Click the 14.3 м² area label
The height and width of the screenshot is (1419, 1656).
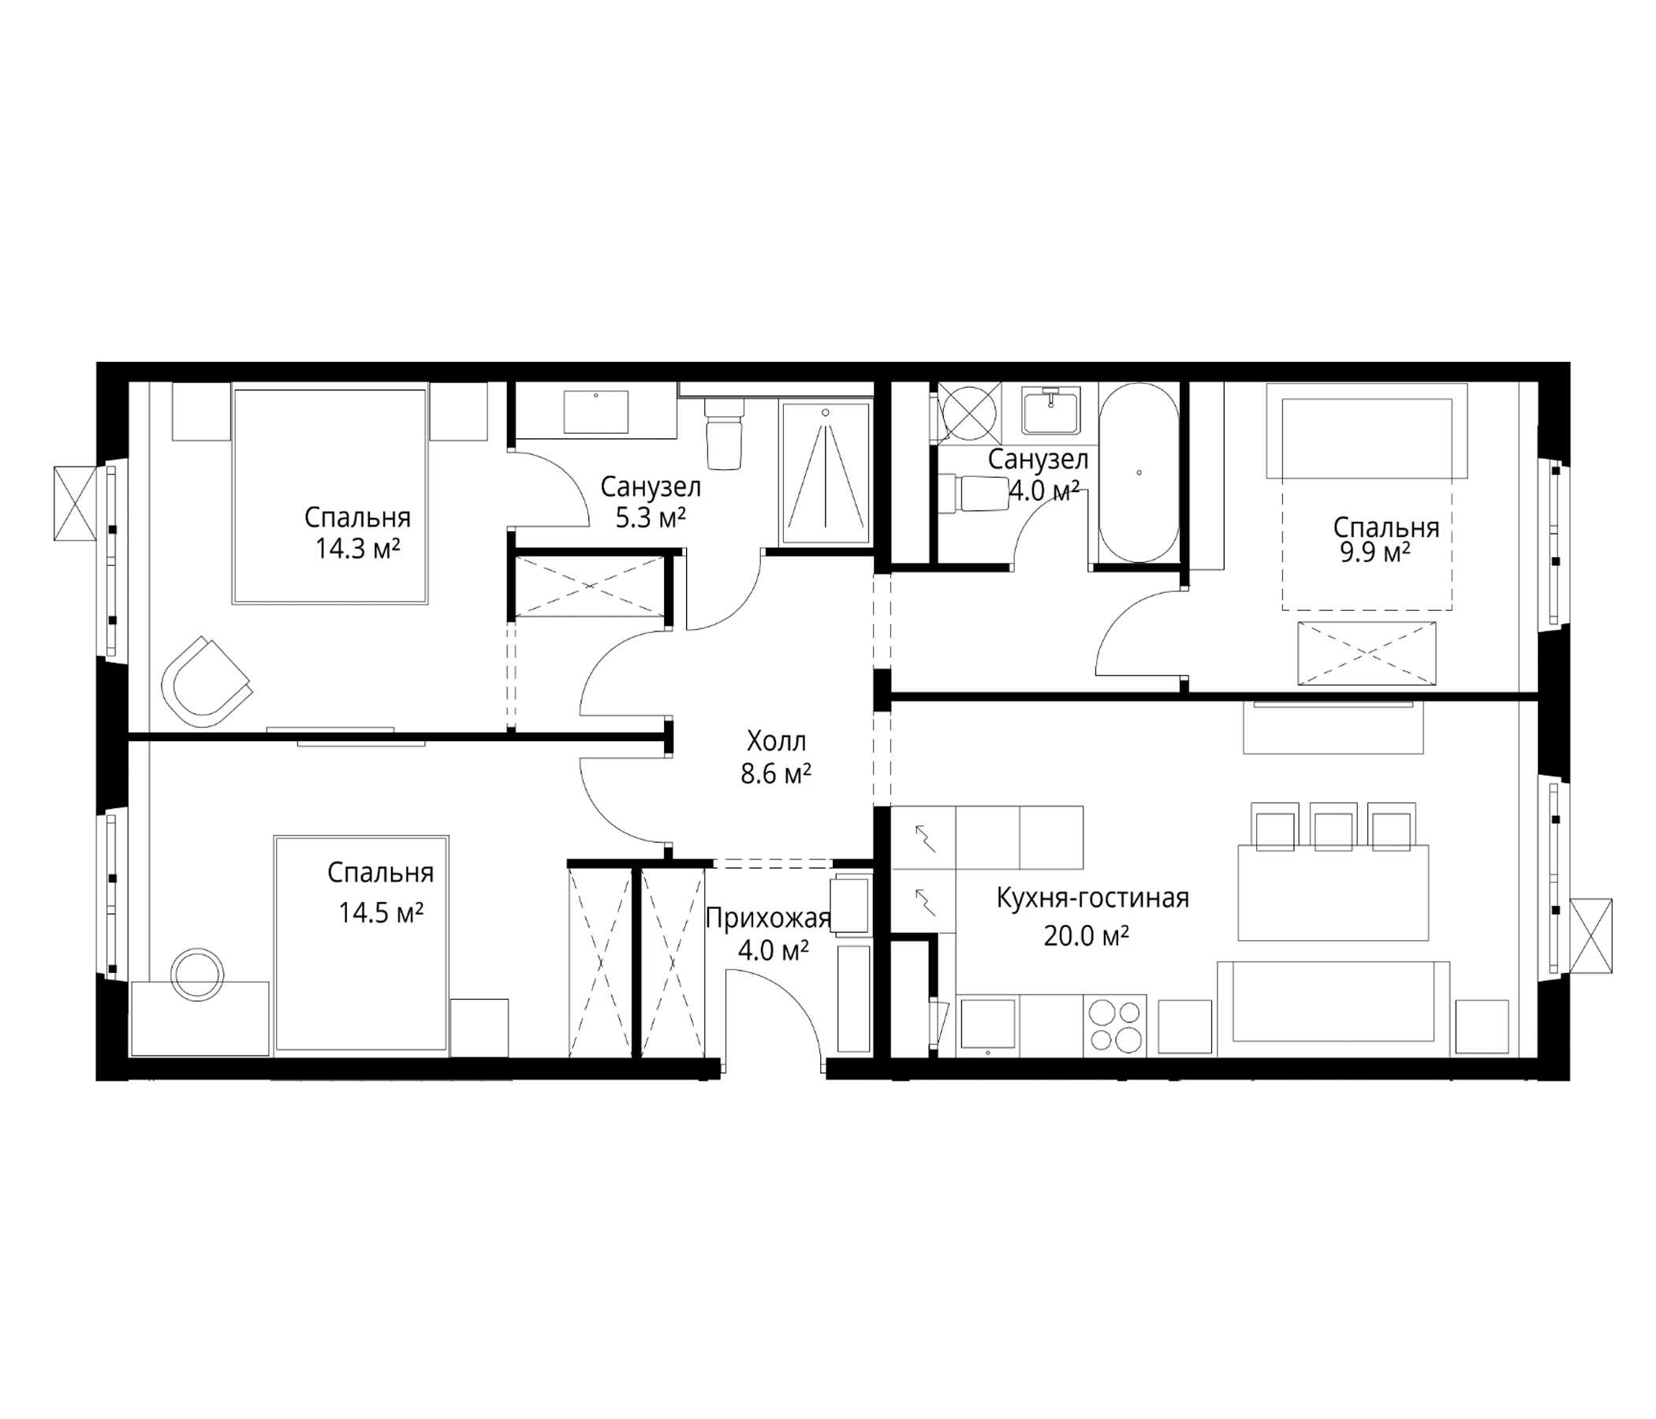pyautogui.click(x=357, y=549)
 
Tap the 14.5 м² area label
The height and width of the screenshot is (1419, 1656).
pyautogui.click(x=380, y=912)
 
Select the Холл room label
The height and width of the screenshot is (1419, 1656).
pyautogui.click(x=776, y=742)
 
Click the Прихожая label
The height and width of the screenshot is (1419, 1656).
pyautogui.click(x=768, y=919)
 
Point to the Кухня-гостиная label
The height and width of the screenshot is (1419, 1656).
pyautogui.click(x=1092, y=898)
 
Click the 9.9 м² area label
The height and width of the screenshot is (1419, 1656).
pyautogui.click(x=1374, y=552)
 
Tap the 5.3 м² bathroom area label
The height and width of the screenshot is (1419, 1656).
pyautogui.click(x=651, y=518)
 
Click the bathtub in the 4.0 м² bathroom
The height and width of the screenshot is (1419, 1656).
pyautogui.click(x=1139, y=474)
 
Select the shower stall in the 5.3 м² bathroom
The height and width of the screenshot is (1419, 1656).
pyautogui.click(x=826, y=474)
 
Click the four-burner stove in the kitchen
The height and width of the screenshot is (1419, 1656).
pyautogui.click(x=1115, y=1026)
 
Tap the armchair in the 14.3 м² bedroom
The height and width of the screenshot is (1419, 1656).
pyautogui.click(x=206, y=682)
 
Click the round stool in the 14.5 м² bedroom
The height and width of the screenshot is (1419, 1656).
pyautogui.click(x=197, y=974)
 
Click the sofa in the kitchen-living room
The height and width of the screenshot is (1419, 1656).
pyautogui.click(x=1333, y=1008)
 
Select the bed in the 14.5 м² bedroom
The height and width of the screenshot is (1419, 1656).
pyautogui.click(x=361, y=945)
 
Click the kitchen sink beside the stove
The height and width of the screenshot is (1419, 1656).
pyautogui.click(x=988, y=1024)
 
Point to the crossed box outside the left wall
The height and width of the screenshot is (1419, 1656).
pyautogui.click(x=75, y=504)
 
